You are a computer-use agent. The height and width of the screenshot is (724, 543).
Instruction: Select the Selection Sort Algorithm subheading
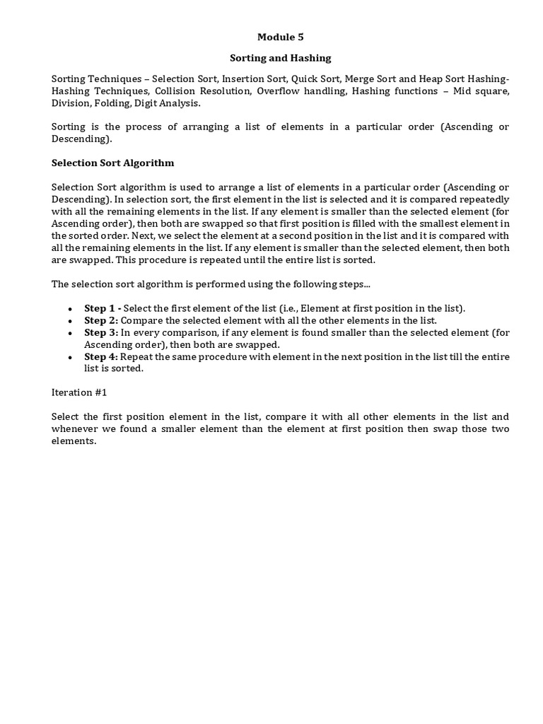click(112, 163)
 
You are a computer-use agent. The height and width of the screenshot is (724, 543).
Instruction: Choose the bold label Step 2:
click(101, 320)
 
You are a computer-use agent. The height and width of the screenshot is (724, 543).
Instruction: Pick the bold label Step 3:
click(101, 332)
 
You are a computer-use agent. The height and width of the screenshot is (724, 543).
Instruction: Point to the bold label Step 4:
click(101, 356)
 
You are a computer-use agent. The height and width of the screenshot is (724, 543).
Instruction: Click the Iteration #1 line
click(79, 392)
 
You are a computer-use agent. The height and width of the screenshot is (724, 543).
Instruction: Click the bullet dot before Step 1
click(69, 310)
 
